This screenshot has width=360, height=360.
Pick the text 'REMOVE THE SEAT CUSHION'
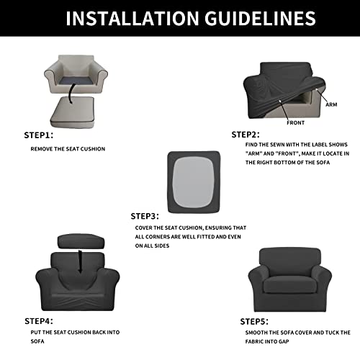point(68,149)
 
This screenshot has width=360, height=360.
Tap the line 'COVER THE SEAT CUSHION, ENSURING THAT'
point(191,228)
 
